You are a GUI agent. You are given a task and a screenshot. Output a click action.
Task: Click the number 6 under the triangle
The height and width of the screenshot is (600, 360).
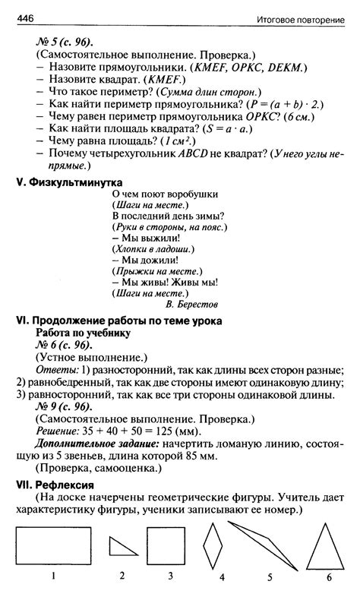click(x=329, y=578)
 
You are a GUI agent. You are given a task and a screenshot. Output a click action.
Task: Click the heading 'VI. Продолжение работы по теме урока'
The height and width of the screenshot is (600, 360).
click(x=119, y=321)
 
